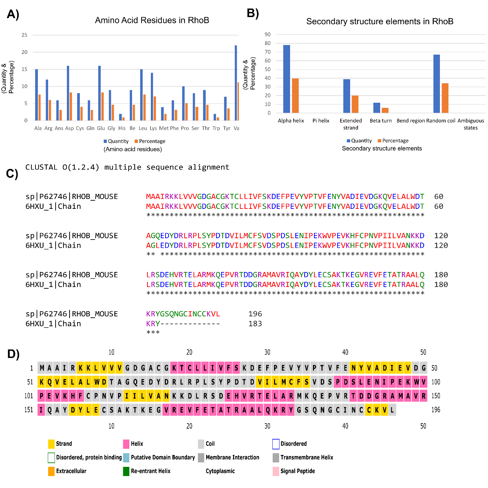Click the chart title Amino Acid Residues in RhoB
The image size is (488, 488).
click(x=152, y=20)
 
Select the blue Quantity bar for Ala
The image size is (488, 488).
click(x=37, y=95)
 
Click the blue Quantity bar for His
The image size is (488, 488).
click(x=120, y=117)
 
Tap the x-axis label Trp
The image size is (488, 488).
click(x=216, y=128)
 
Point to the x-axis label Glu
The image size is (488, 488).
click(x=101, y=128)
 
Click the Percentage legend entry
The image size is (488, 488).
click(x=150, y=141)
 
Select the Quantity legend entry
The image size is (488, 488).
click(x=116, y=141)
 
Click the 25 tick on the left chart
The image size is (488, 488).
click(x=25, y=35)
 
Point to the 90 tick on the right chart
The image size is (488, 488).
click(x=268, y=34)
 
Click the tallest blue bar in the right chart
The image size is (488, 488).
click(x=287, y=79)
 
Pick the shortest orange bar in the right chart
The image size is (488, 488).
click(x=385, y=110)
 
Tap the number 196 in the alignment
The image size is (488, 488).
click(x=255, y=314)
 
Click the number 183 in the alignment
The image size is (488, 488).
click(x=255, y=324)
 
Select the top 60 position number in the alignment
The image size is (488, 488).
click(x=439, y=197)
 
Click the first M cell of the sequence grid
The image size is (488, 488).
click(x=42, y=368)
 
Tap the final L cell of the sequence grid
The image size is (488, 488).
click(x=392, y=410)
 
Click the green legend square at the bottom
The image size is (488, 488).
click(x=126, y=471)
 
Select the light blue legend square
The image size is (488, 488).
click(x=126, y=458)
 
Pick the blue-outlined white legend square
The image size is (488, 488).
click(x=276, y=444)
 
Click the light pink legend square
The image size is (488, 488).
click(x=276, y=471)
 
